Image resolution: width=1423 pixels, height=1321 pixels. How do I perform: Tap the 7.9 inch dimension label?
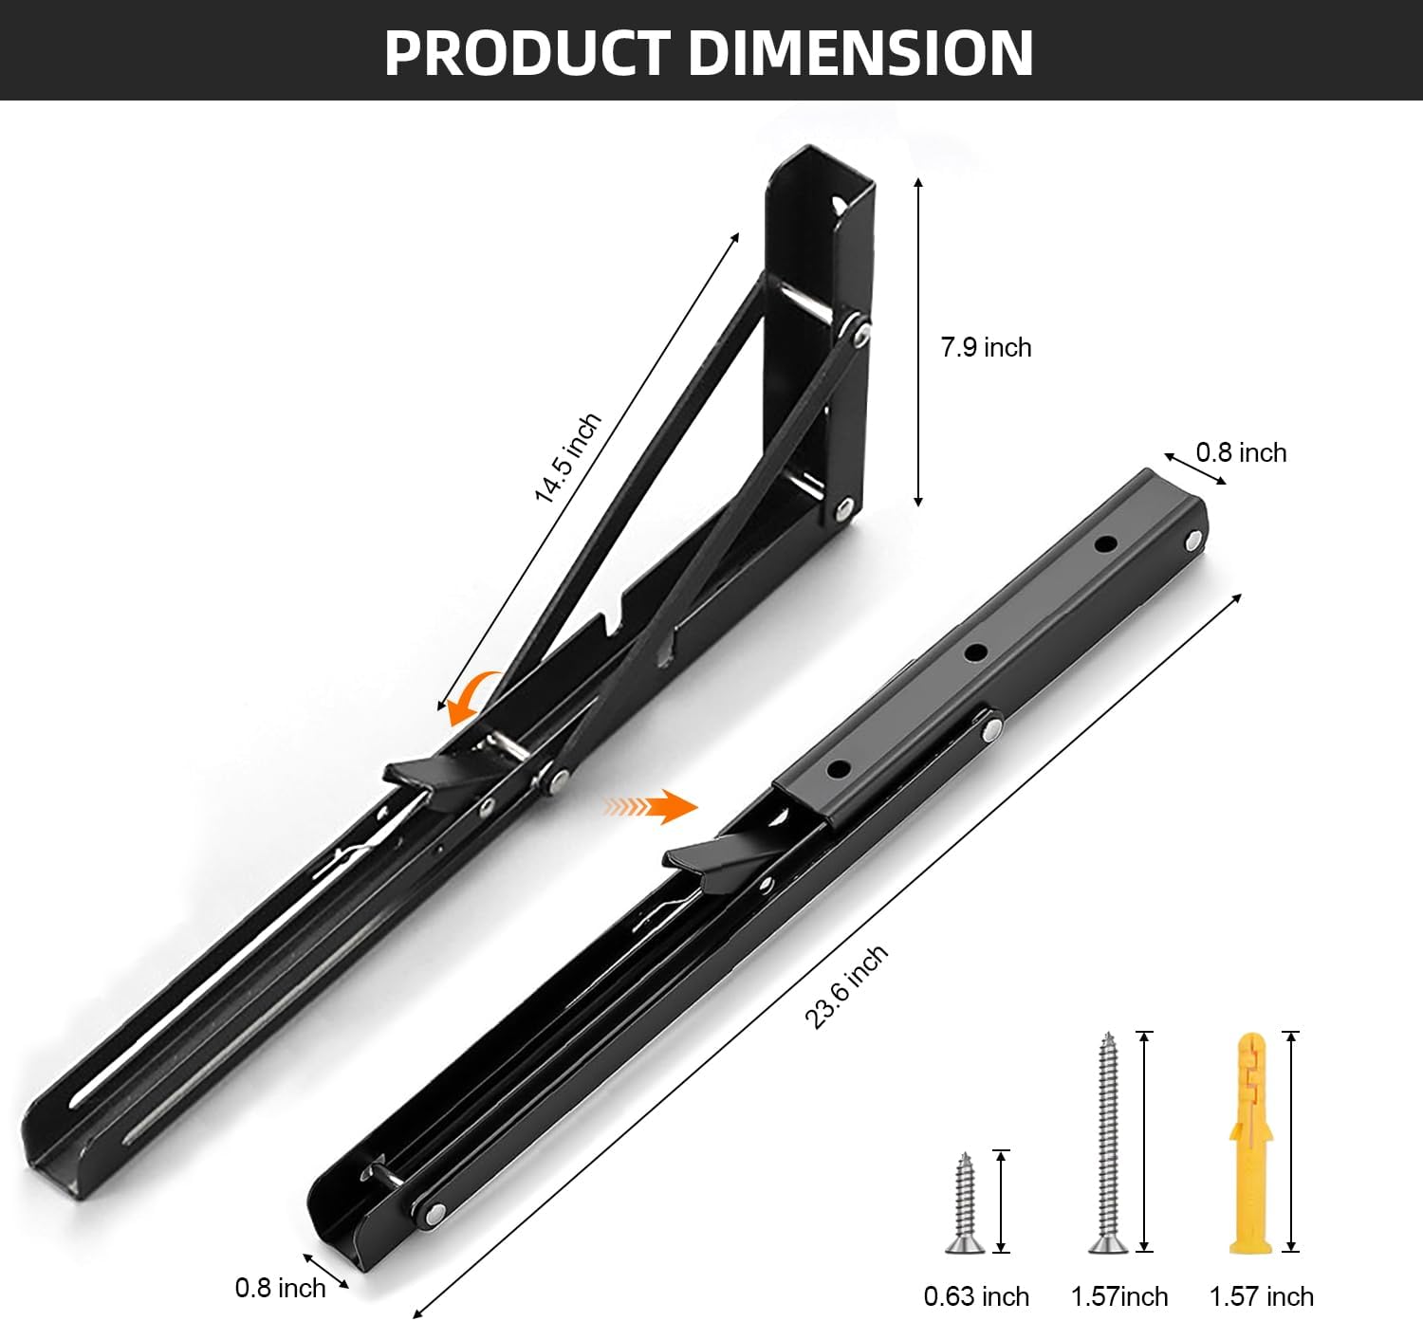986,347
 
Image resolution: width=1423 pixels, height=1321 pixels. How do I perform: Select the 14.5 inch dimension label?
566,459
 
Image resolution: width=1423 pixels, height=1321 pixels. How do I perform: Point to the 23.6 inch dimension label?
846,986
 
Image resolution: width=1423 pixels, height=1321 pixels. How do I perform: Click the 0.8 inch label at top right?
1241,452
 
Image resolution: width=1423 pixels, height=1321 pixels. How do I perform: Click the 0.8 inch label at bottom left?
280,1287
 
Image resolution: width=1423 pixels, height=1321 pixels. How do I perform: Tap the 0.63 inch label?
976,1296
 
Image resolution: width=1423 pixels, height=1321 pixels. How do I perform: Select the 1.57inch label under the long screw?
1119,1296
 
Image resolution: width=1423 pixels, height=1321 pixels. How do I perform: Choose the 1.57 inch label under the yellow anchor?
1261,1296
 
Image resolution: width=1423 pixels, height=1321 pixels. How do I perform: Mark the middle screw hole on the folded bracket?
974,652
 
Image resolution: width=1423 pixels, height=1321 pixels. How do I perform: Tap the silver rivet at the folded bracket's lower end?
435,1211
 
